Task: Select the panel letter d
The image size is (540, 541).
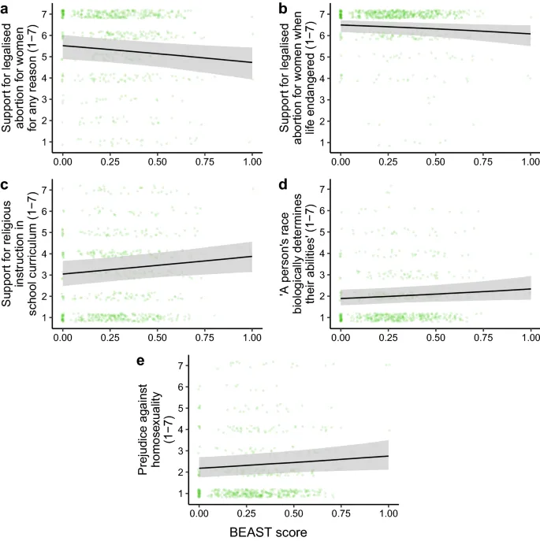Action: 283,186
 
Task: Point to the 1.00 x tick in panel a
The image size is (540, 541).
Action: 252,159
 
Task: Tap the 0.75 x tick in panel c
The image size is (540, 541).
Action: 205,335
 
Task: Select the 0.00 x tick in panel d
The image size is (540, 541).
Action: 341,335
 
